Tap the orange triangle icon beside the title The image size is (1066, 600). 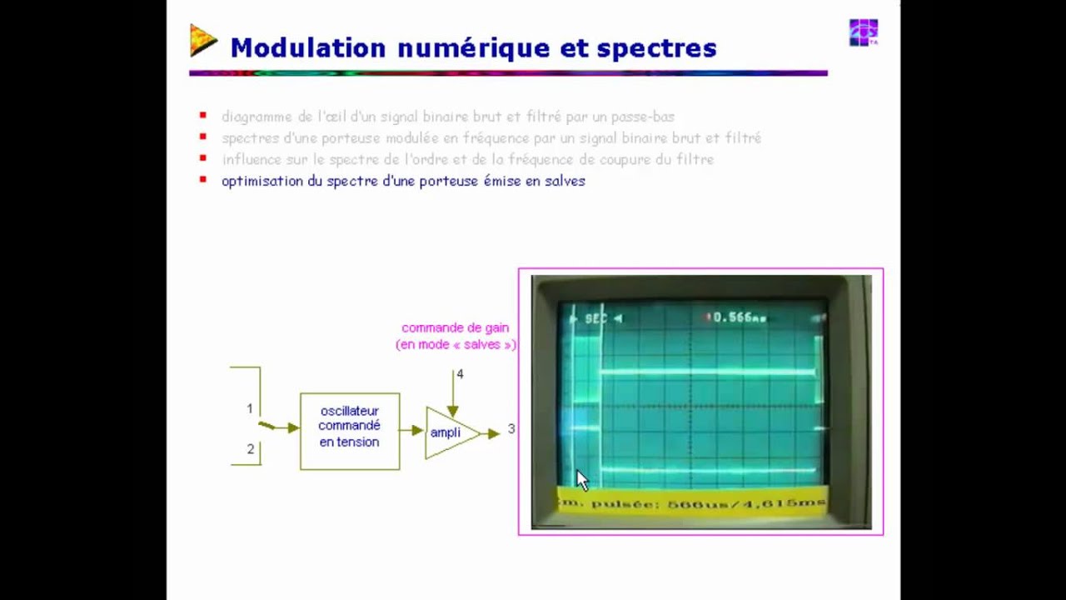[x=202, y=41]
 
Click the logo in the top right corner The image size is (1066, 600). [x=863, y=32]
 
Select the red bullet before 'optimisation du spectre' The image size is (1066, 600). [x=202, y=180]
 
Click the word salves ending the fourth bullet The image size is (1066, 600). [x=564, y=181]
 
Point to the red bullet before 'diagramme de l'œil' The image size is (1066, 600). [x=202, y=116]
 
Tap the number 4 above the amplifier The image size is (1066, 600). [x=460, y=374]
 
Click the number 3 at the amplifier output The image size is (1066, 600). [x=511, y=428]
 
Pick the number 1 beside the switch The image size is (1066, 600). [x=249, y=408]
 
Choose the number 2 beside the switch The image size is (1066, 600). [x=250, y=449]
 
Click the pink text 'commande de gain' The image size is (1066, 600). [x=455, y=328]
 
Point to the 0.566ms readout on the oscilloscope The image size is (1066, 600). [x=738, y=317]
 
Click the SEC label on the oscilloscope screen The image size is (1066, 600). [x=596, y=318]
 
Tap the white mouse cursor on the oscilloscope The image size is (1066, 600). [x=581, y=480]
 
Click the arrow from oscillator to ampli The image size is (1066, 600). [x=412, y=431]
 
